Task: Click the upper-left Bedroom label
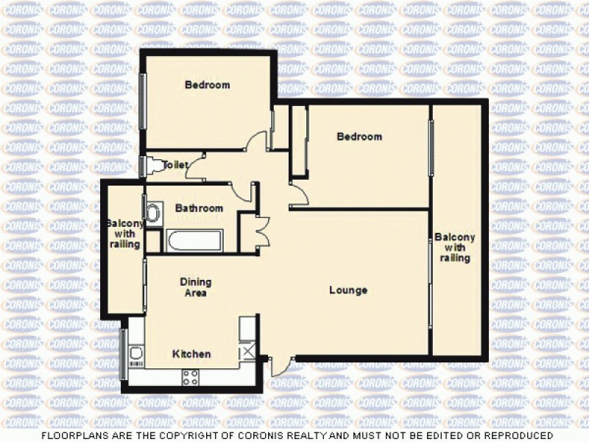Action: coord(207,85)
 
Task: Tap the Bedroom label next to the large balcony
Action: coord(359,136)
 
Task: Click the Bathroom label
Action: coord(199,208)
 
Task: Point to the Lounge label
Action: coord(348,290)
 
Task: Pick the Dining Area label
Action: coord(196,287)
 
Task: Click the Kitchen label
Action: coord(191,354)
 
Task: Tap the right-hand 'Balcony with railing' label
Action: coord(454,248)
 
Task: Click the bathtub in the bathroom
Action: coord(194,240)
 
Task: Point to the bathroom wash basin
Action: coord(152,214)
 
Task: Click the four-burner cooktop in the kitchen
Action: coord(190,377)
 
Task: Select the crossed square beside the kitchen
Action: coord(248,352)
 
